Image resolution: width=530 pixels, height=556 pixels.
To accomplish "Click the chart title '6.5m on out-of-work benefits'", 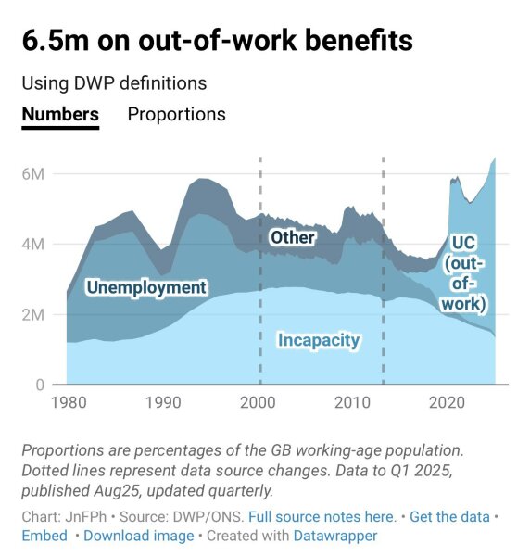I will pos(218,42).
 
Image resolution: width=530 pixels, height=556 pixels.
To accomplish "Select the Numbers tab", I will pos(60,115).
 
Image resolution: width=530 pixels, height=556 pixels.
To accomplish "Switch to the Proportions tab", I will pos(176,115).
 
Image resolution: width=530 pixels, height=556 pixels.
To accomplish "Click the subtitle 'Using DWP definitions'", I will pos(114,83).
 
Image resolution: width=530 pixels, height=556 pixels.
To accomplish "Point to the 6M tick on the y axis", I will pos(35,174).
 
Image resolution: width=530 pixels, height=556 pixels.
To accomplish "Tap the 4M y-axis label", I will pos(35,245).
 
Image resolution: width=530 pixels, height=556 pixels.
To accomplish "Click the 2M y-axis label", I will pos(35,315).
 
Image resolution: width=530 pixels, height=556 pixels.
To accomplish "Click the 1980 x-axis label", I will pos(67,403).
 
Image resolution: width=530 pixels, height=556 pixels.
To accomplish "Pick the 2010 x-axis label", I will pos(353,403).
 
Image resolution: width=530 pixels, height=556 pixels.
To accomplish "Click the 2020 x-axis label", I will pos(448,403).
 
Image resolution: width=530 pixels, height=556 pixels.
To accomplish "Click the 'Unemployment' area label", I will pos(146,288).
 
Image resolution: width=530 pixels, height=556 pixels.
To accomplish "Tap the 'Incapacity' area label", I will pos(318,341).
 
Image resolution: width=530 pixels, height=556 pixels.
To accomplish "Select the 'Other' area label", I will pos(292,238).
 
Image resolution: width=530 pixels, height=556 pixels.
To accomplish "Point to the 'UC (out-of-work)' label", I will pos(465,272).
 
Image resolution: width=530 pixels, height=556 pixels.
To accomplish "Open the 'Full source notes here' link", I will pos(322,516).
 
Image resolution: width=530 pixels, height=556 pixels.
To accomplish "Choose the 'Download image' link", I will pos(139,536).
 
